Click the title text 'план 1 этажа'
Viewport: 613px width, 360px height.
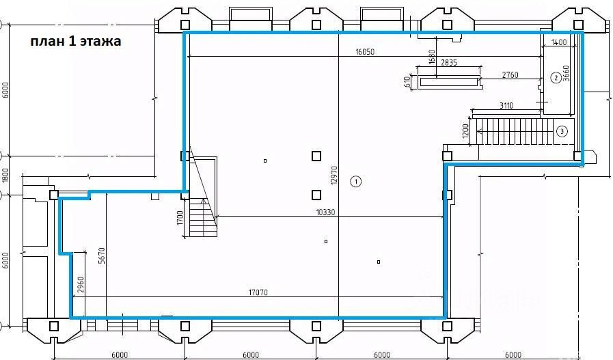click(x=76, y=42)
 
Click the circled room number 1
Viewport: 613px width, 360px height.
click(x=356, y=182)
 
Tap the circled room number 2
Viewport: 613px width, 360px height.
click(x=556, y=78)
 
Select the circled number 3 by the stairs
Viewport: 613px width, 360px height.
click(x=562, y=131)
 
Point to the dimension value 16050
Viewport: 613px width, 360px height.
click(x=365, y=52)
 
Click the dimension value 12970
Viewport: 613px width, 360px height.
click(x=333, y=175)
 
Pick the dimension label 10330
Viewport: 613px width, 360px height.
click(x=325, y=212)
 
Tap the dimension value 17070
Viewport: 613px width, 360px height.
click(x=258, y=292)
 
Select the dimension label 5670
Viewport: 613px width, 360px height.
click(x=102, y=255)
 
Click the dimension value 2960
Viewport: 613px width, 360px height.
click(x=81, y=286)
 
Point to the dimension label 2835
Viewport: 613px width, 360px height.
click(x=449, y=62)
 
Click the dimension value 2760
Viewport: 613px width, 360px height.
click(x=510, y=74)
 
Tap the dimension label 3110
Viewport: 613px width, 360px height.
click(x=506, y=105)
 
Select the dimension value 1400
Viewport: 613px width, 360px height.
click(x=558, y=42)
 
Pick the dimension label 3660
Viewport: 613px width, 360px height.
click(x=566, y=73)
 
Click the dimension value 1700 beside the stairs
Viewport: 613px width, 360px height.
click(x=180, y=218)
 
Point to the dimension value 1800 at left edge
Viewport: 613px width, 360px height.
click(x=5, y=176)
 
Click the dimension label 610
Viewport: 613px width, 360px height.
click(x=407, y=82)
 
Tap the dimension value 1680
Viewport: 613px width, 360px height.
click(x=432, y=57)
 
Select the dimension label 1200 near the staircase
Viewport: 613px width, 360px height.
click(x=465, y=131)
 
